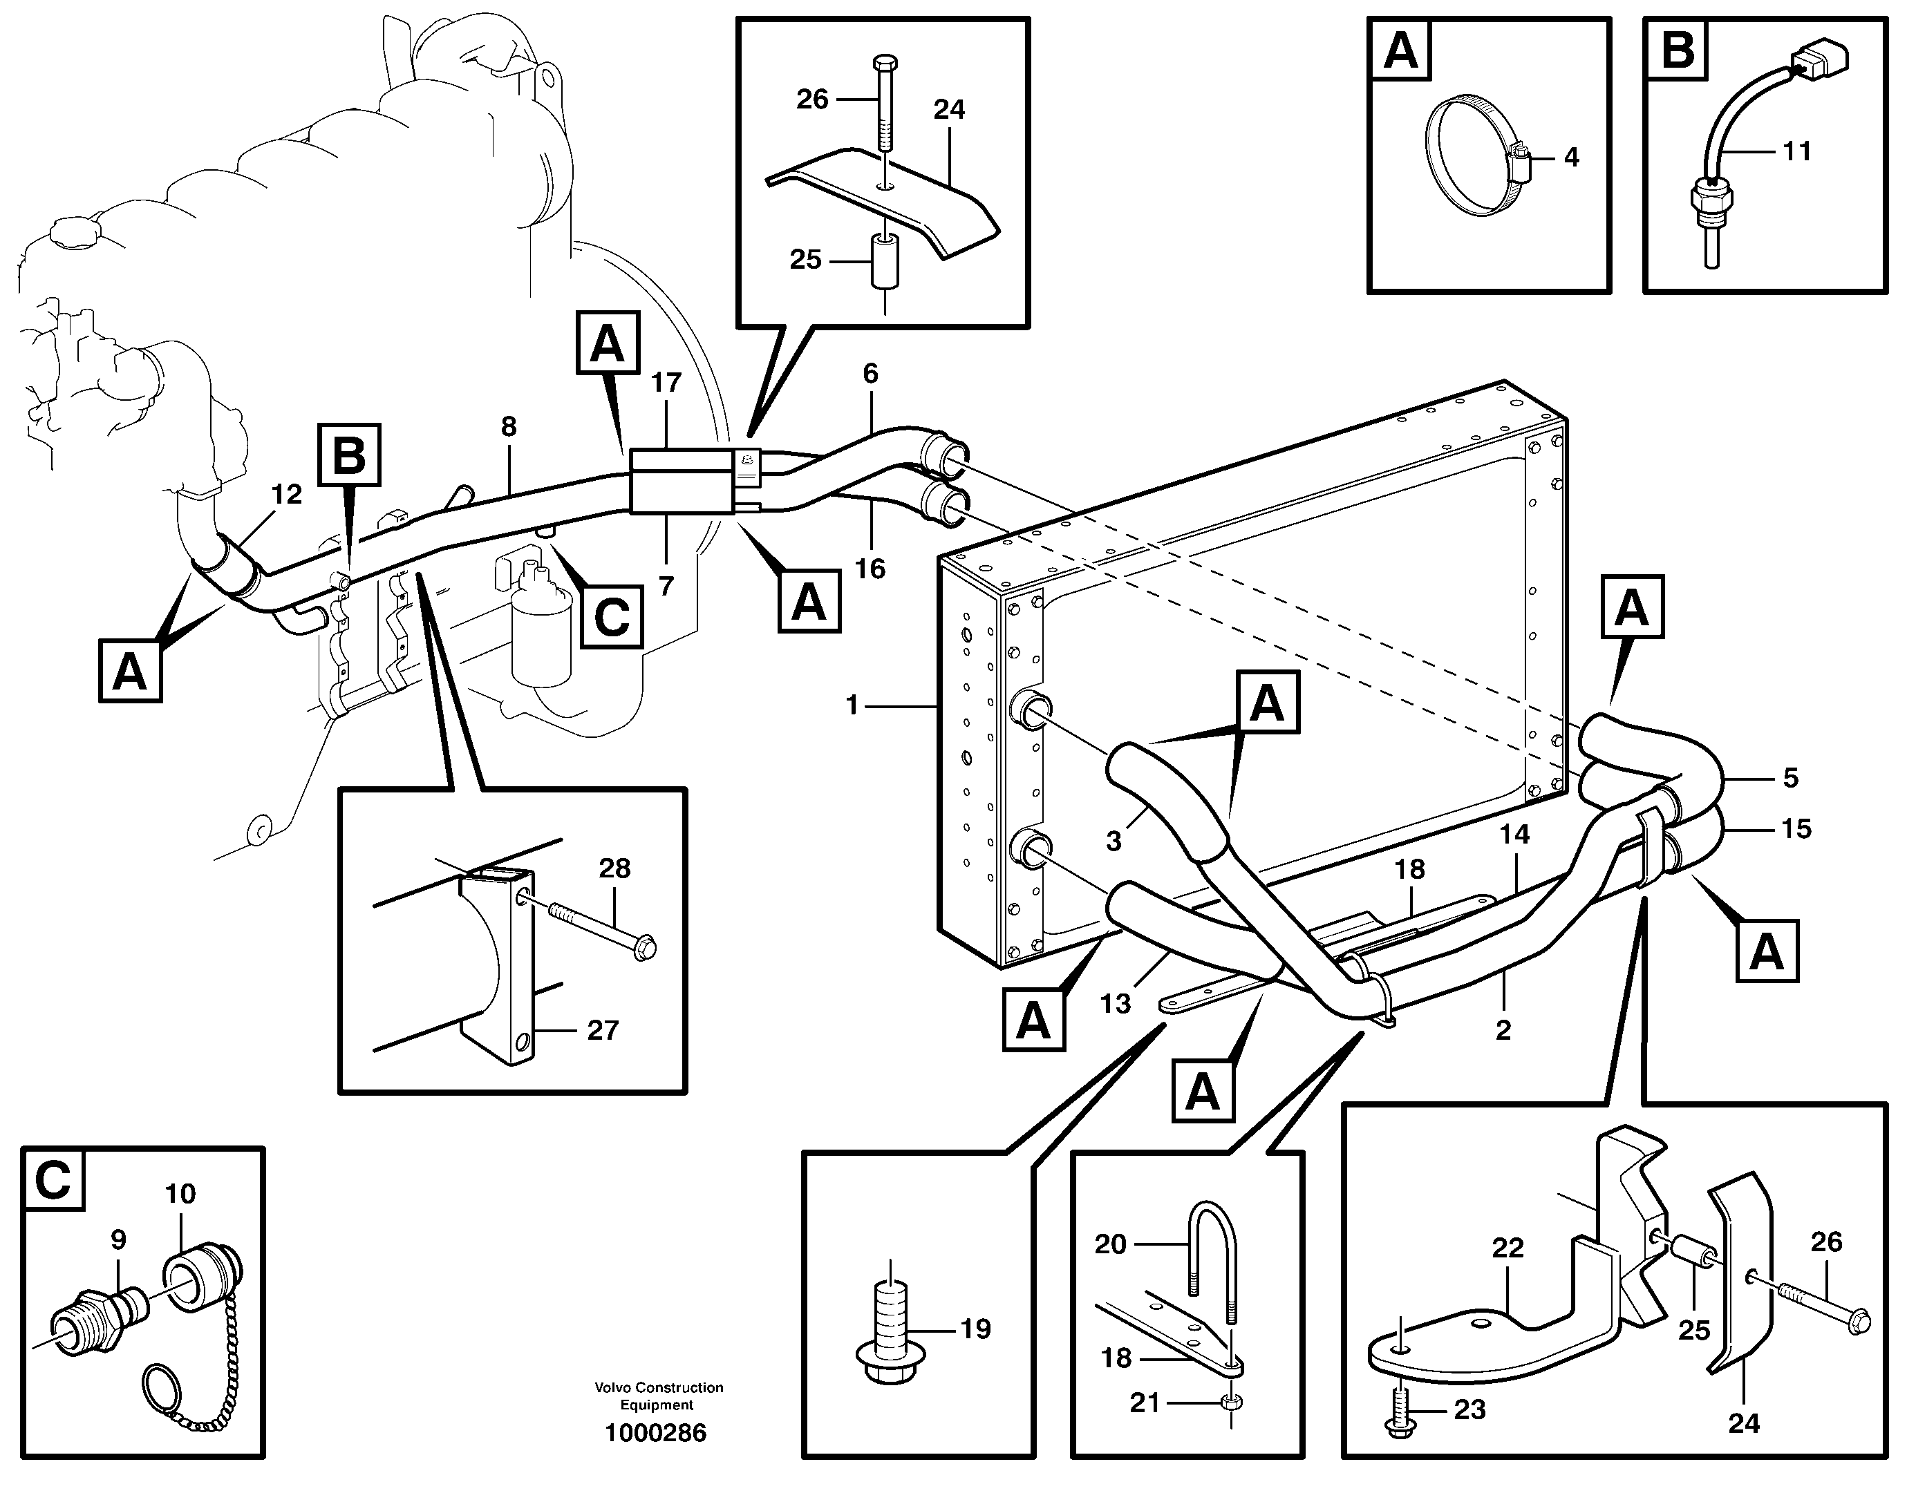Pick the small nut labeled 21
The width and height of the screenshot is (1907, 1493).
point(1230,1404)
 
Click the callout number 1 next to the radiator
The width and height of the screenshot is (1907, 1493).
point(852,705)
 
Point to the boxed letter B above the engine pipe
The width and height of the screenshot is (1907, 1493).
point(349,455)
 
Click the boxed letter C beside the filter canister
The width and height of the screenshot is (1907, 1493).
point(611,617)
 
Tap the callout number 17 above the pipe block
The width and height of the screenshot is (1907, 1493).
point(666,383)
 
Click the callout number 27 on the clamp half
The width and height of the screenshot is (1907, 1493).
point(603,1031)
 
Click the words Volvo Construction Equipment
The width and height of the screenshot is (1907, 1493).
point(659,1396)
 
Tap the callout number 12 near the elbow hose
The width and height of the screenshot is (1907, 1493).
point(286,495)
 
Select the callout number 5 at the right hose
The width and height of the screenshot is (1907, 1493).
point(1789,777)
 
